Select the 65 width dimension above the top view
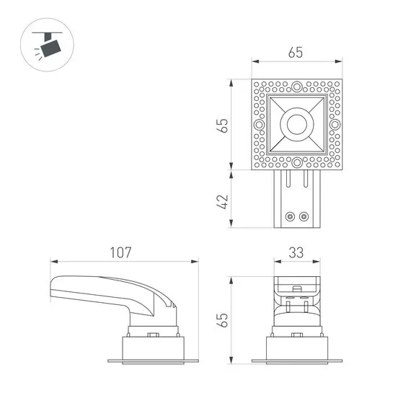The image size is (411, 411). click(296, 53)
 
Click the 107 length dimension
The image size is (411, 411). click(120, 253)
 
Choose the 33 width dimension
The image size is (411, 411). click(296, 253)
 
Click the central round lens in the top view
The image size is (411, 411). click(296, 125)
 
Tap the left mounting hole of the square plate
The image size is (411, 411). click(257, 125)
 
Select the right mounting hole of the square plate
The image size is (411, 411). click(335, 125)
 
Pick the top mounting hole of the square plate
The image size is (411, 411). click(296, 85)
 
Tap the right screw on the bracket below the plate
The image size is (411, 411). click(303, 216)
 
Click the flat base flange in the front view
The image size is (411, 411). click(296, 361)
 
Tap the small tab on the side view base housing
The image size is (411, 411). click(153, 334)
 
